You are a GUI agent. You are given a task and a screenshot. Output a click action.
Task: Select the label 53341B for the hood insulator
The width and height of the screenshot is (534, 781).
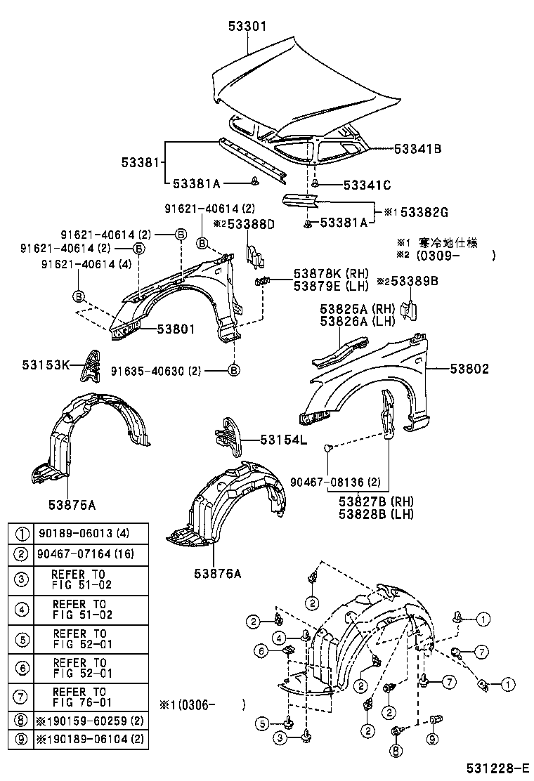417,149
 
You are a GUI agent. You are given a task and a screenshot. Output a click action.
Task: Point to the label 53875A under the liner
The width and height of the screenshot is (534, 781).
72,504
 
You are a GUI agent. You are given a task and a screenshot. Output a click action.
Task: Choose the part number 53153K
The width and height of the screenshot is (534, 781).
46,365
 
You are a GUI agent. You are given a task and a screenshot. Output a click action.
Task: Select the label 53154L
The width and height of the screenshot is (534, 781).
284,440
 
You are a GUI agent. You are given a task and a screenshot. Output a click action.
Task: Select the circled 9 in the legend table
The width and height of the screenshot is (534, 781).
22,740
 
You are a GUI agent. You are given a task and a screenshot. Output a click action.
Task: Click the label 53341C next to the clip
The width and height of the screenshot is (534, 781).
367,185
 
